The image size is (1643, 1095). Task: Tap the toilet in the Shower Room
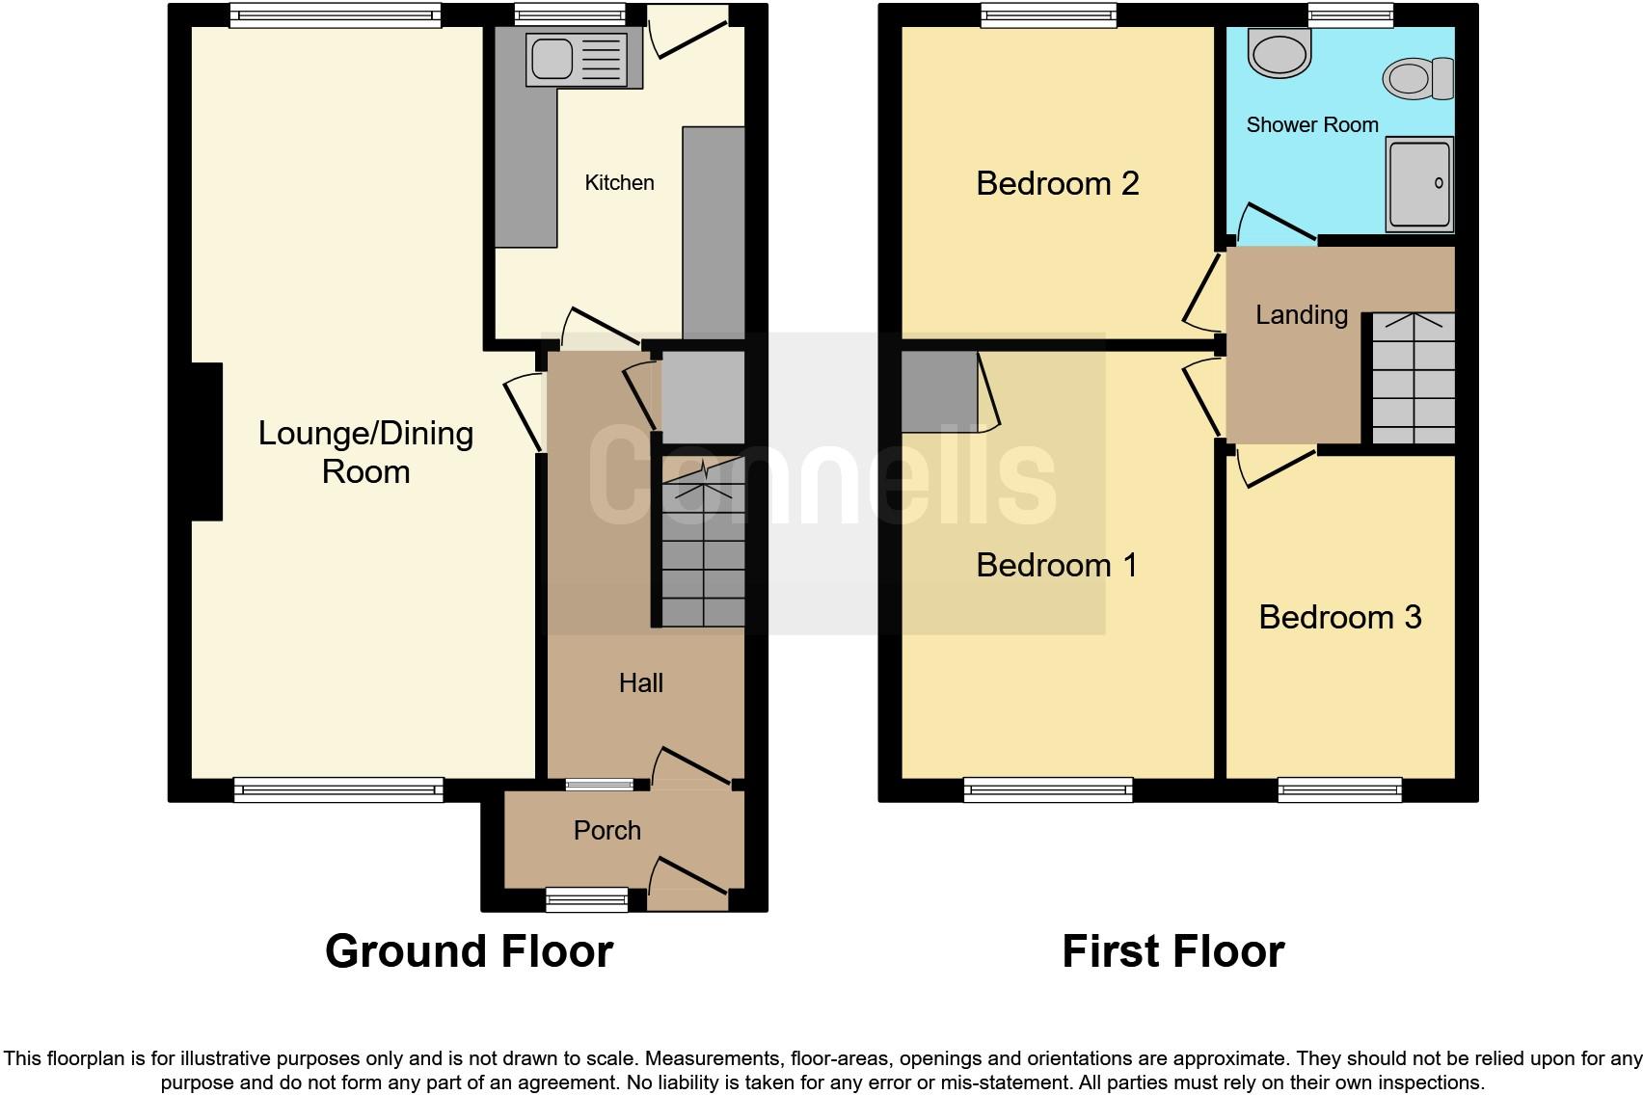point(1418,78)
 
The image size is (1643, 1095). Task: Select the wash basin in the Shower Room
point(1279,52)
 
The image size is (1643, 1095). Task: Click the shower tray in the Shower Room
point(1419,184)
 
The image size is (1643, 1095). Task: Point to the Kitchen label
point(619,182)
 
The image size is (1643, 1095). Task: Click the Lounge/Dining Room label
point(365,452)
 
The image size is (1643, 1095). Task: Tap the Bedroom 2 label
point(1057,183)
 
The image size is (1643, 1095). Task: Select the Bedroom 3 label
point(1340,617)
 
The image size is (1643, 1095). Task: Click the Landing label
point(1302,314)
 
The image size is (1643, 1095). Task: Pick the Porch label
point(606,830)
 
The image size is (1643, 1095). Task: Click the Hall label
point(640,682)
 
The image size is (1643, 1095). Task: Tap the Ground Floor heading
point(469,951)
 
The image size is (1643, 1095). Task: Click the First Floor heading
point(1172,951)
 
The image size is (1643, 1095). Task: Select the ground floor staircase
point(703,542)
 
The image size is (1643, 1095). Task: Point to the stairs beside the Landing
point(1413,378)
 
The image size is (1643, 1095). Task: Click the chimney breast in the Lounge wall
point(207,441)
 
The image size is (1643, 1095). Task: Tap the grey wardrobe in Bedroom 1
point(939,391)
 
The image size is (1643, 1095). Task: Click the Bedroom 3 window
point(1340,789)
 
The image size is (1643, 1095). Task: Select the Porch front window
point(587,899)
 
